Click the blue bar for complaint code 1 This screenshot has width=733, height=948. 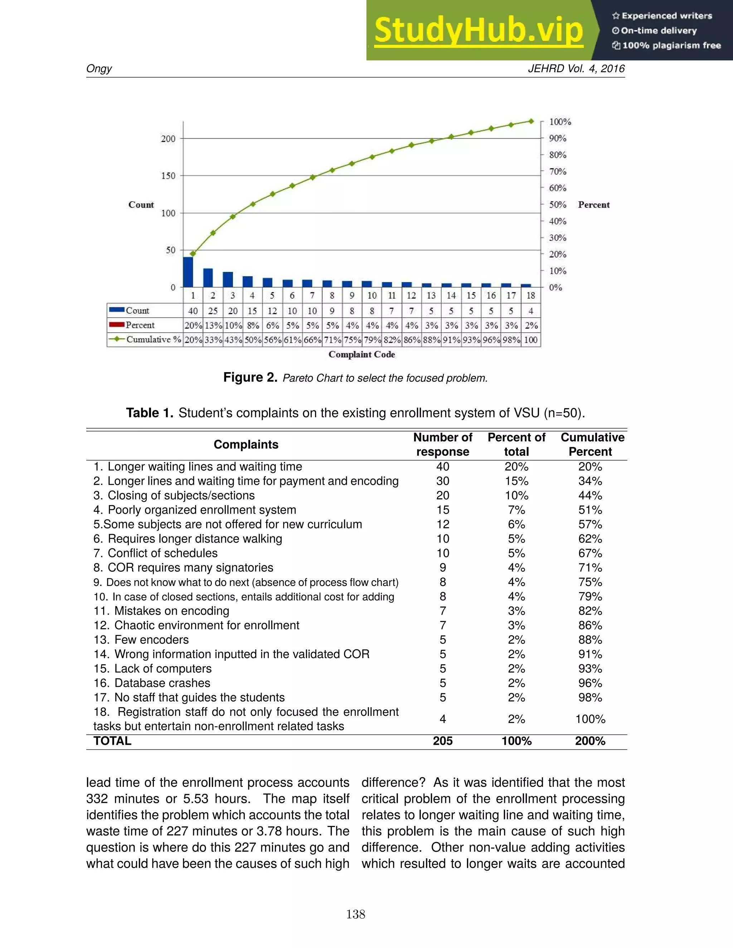[x=188, y=272]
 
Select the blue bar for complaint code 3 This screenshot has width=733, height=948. [x=228, y=279]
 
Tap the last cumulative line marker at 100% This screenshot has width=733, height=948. [x=531, y=122]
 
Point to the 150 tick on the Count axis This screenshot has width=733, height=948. [x=168, y=176]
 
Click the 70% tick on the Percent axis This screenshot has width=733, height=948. [x=558, y=171]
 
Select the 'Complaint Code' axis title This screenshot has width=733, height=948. [x=362, y=354]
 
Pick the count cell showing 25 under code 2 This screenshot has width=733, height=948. [x=213, y=311]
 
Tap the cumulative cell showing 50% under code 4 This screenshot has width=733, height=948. [x=252, y=340]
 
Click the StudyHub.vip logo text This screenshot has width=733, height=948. [x=479, y=30]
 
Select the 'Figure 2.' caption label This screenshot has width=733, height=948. [x=250, y=377]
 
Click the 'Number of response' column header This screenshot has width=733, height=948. [x=442, y=444]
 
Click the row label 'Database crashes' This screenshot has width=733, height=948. [x=162, y=683]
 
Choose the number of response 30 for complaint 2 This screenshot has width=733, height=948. [x=442, y=481]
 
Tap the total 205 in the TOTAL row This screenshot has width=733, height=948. [x=442, y=741]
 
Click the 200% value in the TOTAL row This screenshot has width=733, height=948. [x=590, y=741]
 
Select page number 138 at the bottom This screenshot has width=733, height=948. [x=356, y=914]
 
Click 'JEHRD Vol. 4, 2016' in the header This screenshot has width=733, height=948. [x=576, y=69]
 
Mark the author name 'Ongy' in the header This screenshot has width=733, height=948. [x=99, y=69]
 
